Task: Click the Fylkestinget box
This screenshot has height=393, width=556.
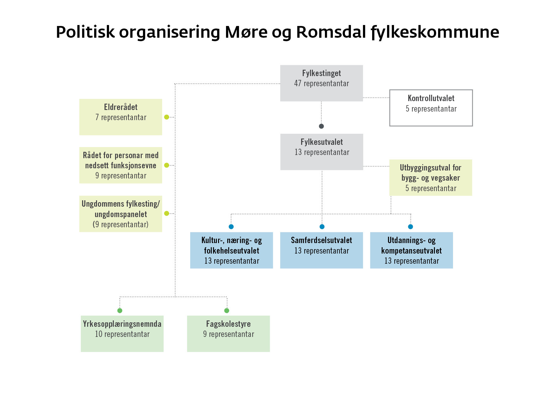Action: coord(321,83)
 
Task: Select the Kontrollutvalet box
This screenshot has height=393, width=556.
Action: coord(431,108)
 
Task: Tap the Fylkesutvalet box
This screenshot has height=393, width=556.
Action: coord(322,152)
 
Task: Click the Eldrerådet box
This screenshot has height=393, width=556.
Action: coord(121,117)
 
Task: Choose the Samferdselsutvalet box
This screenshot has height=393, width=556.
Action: coord(321,250)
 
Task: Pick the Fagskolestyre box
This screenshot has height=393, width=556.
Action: coord(229,334)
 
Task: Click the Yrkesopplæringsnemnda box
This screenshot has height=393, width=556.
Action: coord(122,334)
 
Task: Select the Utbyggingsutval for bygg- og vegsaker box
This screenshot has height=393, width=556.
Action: coord(431,177)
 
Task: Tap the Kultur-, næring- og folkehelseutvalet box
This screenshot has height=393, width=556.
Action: coord(231,250)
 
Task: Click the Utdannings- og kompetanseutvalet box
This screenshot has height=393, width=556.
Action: coord(411,250)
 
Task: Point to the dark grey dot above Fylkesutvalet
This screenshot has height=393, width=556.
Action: coord(321,126)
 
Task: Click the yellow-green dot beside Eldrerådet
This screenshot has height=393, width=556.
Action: coord(167,117)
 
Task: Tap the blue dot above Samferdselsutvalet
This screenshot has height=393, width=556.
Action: coord(322,227)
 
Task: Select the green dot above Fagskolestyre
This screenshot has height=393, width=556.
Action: coord(227,311)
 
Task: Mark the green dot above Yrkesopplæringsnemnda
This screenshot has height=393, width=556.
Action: coord(120,311)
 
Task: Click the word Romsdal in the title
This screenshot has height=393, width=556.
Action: coord(331,32)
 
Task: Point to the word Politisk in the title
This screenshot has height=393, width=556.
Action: coord(85,32)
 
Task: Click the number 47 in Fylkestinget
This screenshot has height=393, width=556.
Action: coord(298,83)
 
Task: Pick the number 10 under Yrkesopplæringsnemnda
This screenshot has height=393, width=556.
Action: coord(99,334)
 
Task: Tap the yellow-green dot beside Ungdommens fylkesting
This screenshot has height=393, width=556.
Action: coord(167,214)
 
